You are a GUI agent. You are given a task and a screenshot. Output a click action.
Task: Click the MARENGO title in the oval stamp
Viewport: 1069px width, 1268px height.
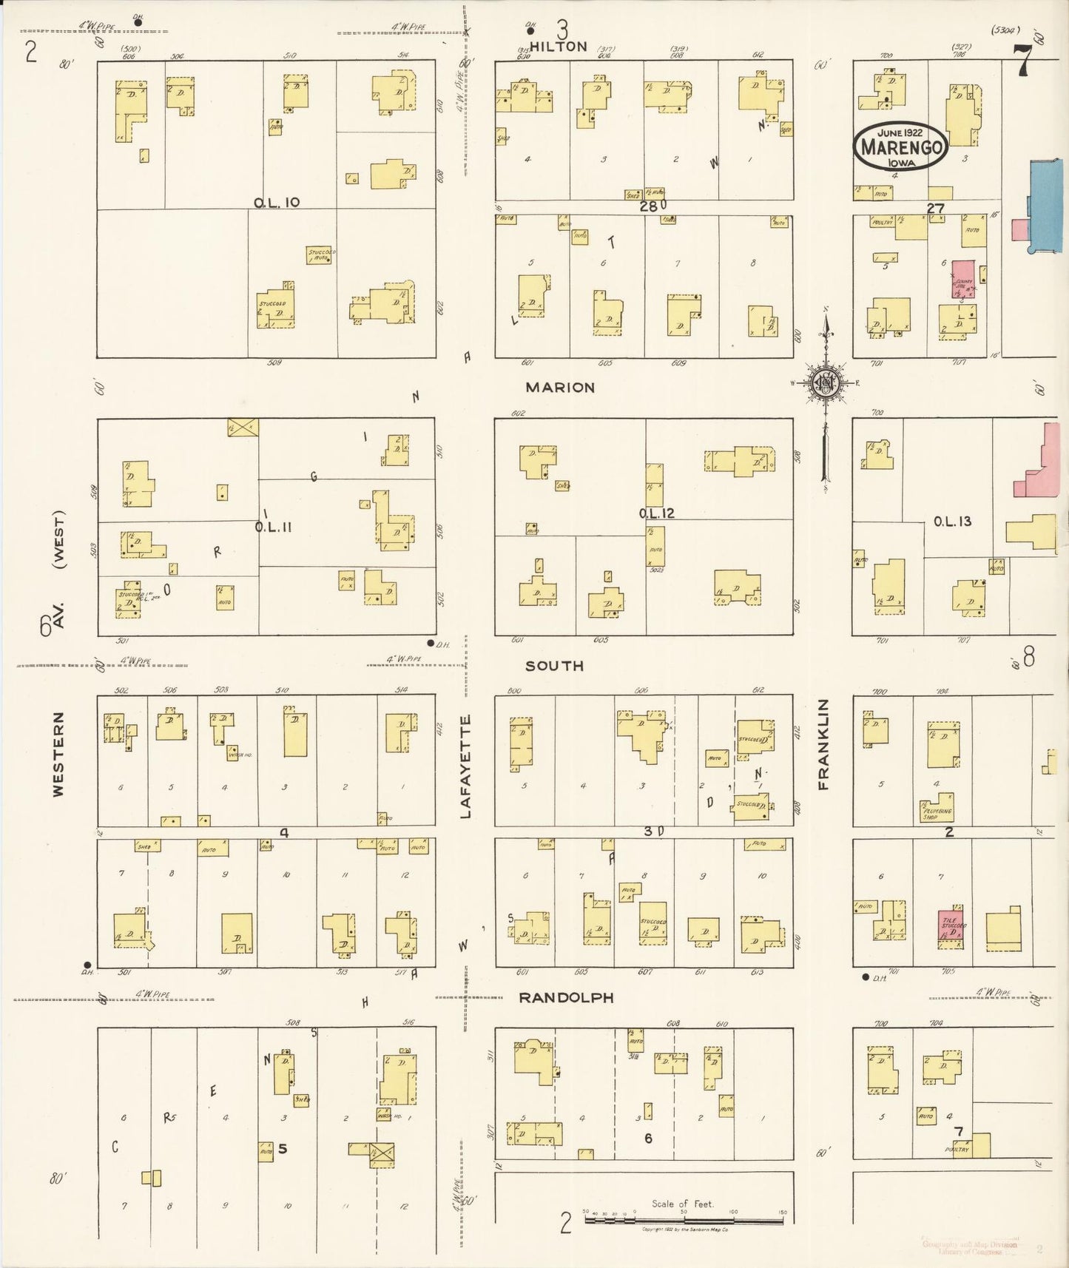point(900,147)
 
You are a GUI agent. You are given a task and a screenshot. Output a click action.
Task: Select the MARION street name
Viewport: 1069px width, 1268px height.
point(560,388)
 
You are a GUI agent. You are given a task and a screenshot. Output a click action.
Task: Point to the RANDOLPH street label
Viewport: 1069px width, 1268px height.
point(566,998)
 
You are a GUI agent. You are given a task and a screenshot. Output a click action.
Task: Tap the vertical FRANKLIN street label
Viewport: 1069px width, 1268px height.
point(823,744)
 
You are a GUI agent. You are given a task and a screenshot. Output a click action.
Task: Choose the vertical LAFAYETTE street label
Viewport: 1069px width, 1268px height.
point(465,766)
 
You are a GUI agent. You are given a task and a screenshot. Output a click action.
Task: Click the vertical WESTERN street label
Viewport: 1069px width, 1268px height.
point(58,754)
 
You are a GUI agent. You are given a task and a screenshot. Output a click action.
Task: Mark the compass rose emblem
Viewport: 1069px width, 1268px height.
point(823,383)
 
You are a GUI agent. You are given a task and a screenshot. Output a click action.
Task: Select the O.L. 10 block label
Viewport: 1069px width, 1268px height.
point(277,203)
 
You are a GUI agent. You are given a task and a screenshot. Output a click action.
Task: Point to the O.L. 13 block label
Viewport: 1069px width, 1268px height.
point(952,522)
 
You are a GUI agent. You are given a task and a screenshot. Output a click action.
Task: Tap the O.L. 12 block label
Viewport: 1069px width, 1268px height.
point(657,513)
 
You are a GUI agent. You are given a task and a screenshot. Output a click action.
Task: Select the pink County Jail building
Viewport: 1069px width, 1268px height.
point(963,280)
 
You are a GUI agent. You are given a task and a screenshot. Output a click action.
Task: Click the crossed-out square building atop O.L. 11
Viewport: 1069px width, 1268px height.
point(243,427)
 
